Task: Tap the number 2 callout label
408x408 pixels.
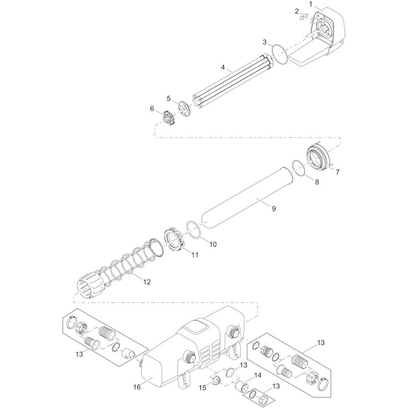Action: pos(296,11)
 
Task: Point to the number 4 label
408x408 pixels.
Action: pos(223,67)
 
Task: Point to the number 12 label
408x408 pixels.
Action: pos(147,281)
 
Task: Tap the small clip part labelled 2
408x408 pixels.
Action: pos(305,18)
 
